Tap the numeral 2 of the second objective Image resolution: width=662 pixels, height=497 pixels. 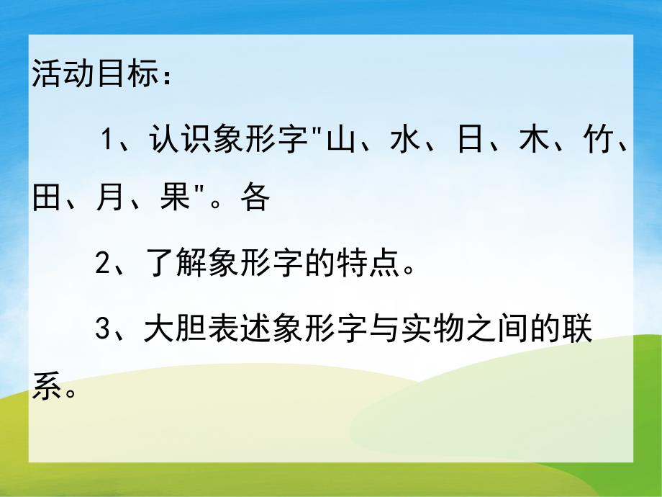(102, 265)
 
